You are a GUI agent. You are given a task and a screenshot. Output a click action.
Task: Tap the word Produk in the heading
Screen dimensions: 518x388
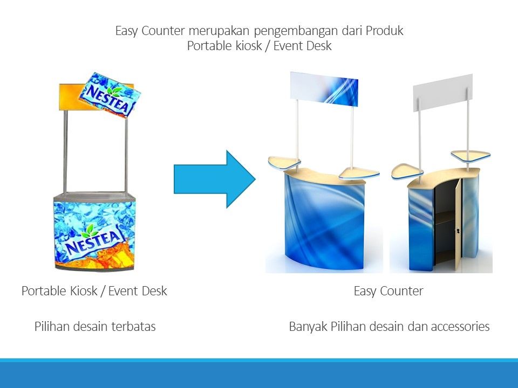(x=384, y=31)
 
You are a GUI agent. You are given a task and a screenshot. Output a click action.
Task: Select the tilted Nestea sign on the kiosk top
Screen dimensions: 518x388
(x=110, y=95)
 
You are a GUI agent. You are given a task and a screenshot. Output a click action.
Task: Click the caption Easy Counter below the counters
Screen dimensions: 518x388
(x=388, y=291)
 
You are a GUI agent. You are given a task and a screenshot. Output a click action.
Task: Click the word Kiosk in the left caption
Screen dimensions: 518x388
(x=84, y=291)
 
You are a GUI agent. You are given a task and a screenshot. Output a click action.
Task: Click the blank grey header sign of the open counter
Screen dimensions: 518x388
(x=443, y=92)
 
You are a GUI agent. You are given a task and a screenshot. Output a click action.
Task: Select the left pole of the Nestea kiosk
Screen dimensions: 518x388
(x=65, y=151)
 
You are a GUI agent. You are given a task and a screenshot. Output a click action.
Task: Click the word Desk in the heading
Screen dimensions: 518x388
(x=319, y=46)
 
